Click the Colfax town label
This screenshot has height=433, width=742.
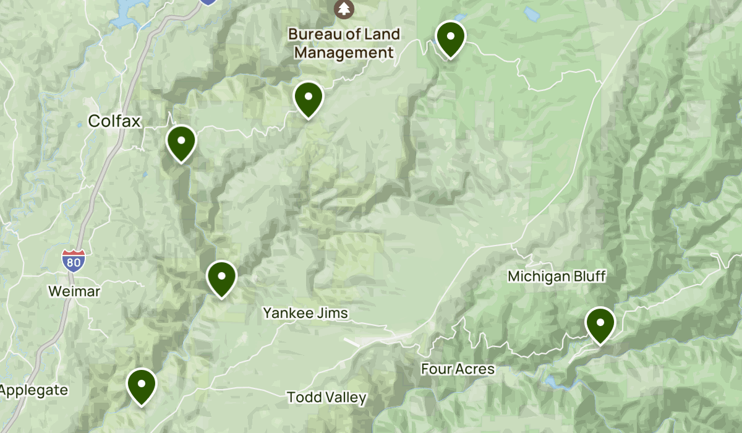(x=114, y=121)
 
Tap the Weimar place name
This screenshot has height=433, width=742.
(x=74, y=291)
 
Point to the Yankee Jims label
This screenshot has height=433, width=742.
(x=305, y=313)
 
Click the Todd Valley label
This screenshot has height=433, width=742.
(x=326, y=397)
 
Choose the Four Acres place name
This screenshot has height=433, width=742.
(x=458, y=369)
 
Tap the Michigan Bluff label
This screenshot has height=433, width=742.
(x=556, y=277)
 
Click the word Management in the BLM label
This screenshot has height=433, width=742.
(x=344, y=53)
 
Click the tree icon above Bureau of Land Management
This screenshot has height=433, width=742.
(x=343, y=9)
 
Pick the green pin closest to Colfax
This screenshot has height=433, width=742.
(x=181, y=142)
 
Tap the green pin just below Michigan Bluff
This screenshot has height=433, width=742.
(x=600, y=324)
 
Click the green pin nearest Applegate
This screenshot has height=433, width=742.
(x=142, y=385)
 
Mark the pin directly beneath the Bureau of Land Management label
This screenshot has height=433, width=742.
(x=309, y=98)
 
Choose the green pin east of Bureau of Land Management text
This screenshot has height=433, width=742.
(x=450, y=38)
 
